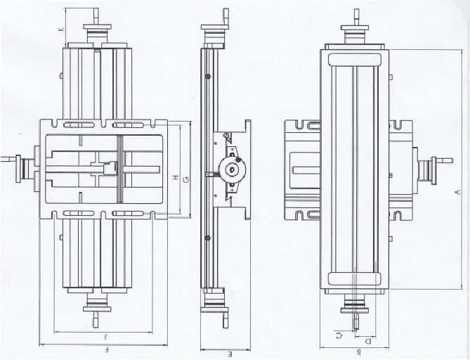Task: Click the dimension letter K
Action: pos(60,29)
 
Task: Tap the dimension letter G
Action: pos(185,179)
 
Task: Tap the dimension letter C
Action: pos(340,335)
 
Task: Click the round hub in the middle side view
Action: pos(231,168)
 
